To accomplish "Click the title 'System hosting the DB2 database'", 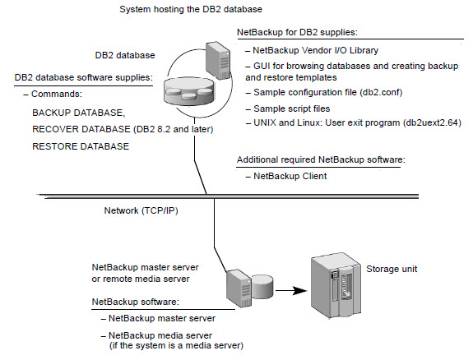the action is (x=191, y=9).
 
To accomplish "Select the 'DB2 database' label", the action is (x=125, y=55).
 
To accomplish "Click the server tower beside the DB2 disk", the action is (x=218, y=61).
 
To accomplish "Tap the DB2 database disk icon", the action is (x=188, y=90).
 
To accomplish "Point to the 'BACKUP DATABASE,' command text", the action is (x=79, y=113).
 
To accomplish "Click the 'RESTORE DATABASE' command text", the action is (x=81, y=146).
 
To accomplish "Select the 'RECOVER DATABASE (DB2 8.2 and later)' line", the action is (x=123, y=129).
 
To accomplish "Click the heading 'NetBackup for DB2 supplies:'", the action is (x=297, y=32).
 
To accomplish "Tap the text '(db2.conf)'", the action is (x=381, y=92).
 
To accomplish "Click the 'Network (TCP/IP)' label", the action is (x=141, y=210).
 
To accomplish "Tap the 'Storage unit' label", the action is (x=392, y=269).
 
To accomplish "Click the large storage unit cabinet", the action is (x=336, y=286).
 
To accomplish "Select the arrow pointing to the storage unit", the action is (x=291, y=291).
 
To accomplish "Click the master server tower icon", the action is (x=239, y=288).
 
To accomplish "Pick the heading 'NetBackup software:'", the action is (x=136, y=302).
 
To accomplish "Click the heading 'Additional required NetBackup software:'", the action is (x=321, y=159).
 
